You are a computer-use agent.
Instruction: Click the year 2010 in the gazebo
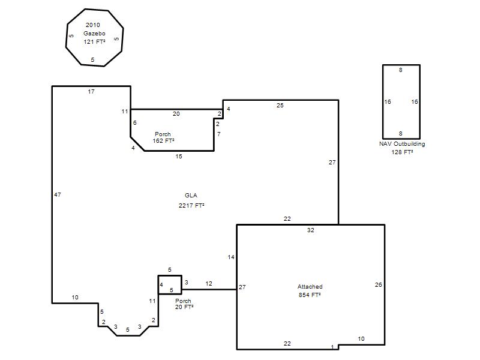click(x=93, y=25)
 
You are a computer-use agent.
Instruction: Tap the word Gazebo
click(x=94, y=34)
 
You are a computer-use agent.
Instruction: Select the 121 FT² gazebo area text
click(x=94, y=41)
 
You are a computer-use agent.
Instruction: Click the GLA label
click(x=191, y=196)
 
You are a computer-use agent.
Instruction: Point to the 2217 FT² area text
click(x=191, y=205)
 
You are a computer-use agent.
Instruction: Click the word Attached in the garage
click(x=310, y=287)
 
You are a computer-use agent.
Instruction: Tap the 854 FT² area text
click(x=310, y=295)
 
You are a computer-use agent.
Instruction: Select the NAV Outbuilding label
click(x=402, y=144)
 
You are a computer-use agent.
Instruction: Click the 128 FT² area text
click(x=402, y=152)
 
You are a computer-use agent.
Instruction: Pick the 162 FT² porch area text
click(x=163, y=141)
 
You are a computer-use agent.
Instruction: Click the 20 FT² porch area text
click(x=184, y=307)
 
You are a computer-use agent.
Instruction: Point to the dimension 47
click(x=58, y=194)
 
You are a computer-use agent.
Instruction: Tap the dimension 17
click(x=91, y=92)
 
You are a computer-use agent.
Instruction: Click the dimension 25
click(x=280, y=106)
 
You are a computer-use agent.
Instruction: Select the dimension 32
click(x=311, y=230)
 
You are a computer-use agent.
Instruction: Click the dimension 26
click(x=379, y=284)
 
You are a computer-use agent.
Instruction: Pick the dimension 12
click(x=209, y=283)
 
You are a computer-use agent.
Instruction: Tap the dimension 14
click(x=231, y=257)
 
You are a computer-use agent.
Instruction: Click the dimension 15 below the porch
click(x=179, y=157)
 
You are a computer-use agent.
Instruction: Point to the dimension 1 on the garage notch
click(x=333, y=347)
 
